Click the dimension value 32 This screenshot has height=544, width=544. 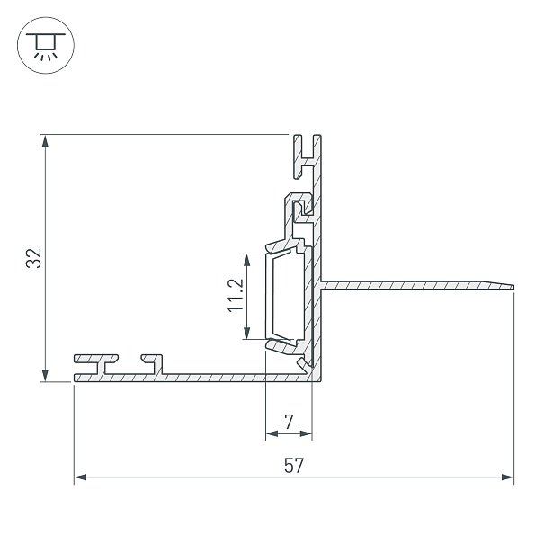point(33,258)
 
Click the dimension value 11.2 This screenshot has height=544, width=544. point(236,295)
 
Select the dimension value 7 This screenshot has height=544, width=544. point(289,422)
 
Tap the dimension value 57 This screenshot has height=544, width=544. point(294,465)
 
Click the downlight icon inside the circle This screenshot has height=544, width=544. point(46,46)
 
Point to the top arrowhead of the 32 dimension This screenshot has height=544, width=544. point(45,141)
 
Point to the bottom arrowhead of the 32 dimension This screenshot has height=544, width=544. point(45,375)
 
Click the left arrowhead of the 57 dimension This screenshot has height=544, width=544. point(81,477)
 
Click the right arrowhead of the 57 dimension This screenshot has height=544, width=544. point(507,477)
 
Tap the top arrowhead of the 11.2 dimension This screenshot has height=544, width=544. point(246,260)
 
